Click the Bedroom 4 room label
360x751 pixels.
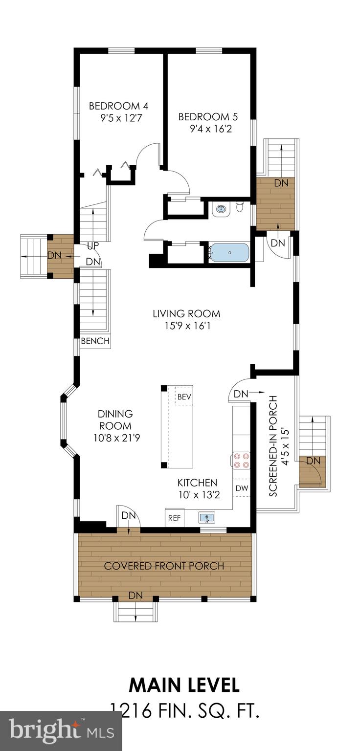[x=118, y=106]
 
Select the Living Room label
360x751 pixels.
[x=186, y=313]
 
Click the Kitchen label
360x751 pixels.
[x=197, y=483]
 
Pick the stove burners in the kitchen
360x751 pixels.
[x=241, y=461]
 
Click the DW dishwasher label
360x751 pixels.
[x=242, y=488]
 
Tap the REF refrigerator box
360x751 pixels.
[x=174, y=518]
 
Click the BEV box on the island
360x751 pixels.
[x=184, y=397]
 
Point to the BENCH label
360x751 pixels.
[x=95, y=341]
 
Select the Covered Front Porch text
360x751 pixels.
[x=164, y=566]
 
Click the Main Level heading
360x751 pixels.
[x=184, y=685]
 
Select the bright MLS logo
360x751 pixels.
[x=61, y=732]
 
